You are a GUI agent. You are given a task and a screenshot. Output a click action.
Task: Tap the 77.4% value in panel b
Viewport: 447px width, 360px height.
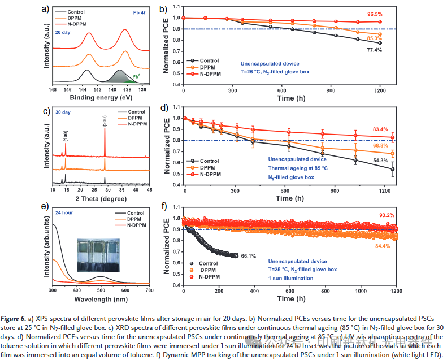tap(374, 50)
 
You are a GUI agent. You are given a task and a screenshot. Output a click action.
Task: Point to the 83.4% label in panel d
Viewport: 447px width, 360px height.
tap(380, 129)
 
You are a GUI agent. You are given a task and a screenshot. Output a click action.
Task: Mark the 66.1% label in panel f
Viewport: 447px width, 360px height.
tap(249, 256)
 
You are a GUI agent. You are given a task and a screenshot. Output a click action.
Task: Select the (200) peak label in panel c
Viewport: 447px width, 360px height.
tap(105, 121)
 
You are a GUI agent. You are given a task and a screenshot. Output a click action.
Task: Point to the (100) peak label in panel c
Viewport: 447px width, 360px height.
tap(66, 136)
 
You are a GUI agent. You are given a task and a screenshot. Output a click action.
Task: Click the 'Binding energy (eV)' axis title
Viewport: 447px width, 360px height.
tap(100, 96)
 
